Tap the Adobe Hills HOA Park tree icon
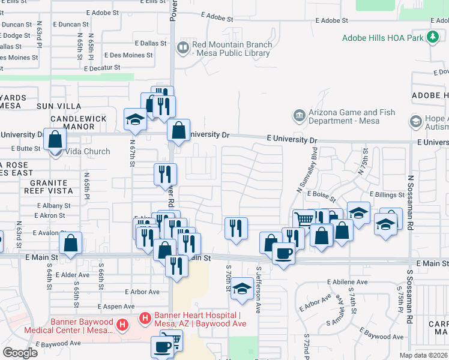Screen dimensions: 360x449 pos(433,38)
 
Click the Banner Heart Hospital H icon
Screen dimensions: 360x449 pos(145,316)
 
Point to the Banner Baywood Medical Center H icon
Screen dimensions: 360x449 pos(122,326)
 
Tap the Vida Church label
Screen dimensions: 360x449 pos(88,151)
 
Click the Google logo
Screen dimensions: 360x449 pos(20,352)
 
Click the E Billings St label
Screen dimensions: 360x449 pos(387,194)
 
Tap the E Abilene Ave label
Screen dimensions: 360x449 pos(347,281)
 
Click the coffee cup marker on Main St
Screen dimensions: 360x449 pos(283,252)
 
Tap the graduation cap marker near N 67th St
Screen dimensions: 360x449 pos(135,119)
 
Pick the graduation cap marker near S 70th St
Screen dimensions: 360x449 pos(242,289)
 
